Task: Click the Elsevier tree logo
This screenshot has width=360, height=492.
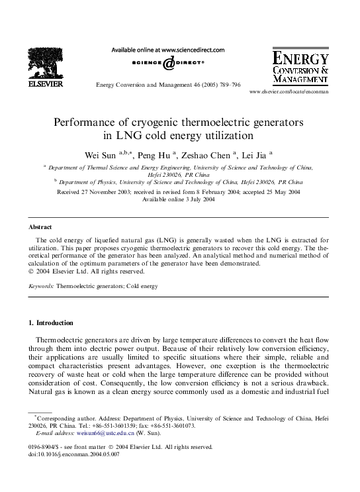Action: click(46, 62)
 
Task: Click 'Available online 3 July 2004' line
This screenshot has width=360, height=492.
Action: click(179, 199)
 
